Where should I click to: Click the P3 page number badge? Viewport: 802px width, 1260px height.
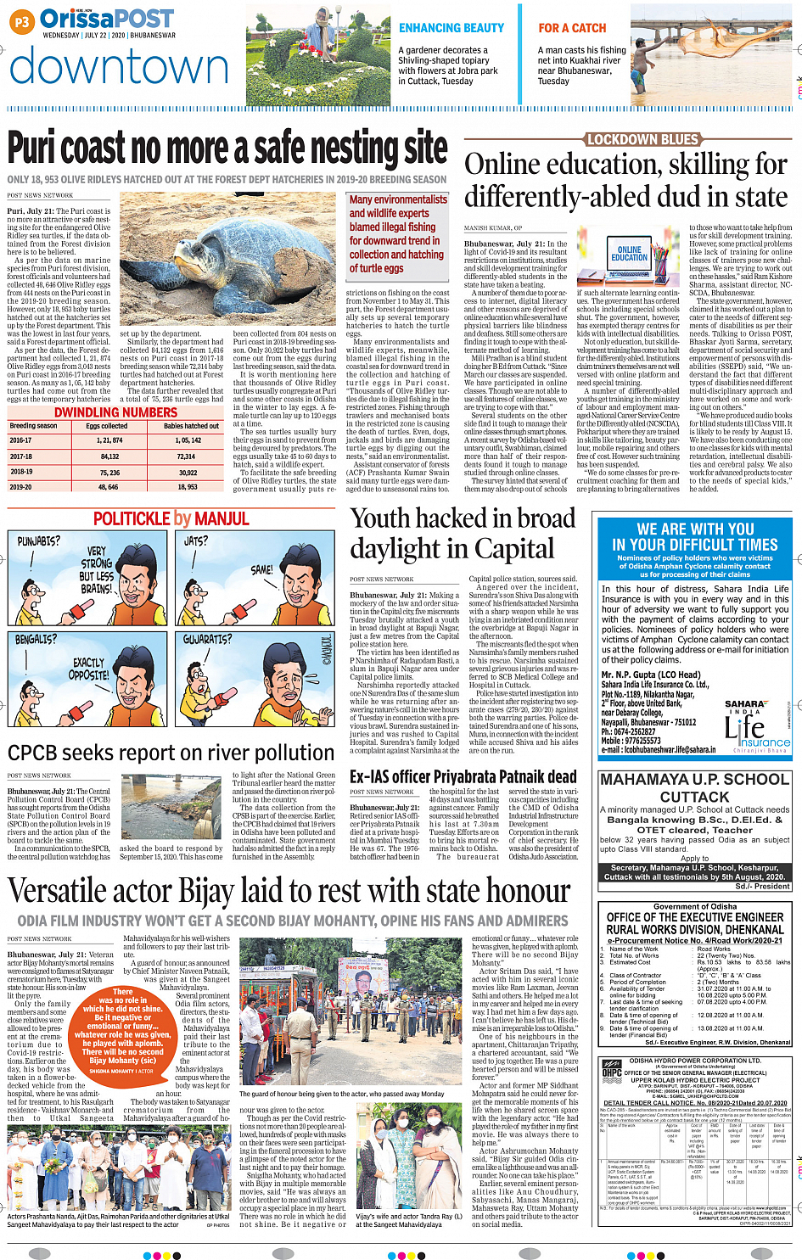tap(23, 21)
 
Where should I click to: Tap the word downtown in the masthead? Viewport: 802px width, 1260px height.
tap(119, 67)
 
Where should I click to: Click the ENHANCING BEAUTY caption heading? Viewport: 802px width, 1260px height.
tap(451, 28)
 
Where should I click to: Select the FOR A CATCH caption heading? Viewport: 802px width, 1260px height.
tap(572, 28)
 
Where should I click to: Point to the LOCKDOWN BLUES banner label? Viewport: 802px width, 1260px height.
tap(642, 139)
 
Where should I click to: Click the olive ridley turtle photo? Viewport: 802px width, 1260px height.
tap(231, 259)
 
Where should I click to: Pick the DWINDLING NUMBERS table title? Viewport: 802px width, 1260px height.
tap(115, 412)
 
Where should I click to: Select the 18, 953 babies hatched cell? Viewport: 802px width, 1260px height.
tap(187, 487)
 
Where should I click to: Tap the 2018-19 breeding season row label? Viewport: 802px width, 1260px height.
tap(21, 472)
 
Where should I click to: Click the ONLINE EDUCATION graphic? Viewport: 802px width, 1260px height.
tap(630, 254)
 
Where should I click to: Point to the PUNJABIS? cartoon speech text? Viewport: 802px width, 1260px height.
tap(39, 540)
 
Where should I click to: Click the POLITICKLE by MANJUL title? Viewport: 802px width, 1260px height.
tap(171, 518)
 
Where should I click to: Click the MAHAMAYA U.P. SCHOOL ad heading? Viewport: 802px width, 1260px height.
tap(694, 787)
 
